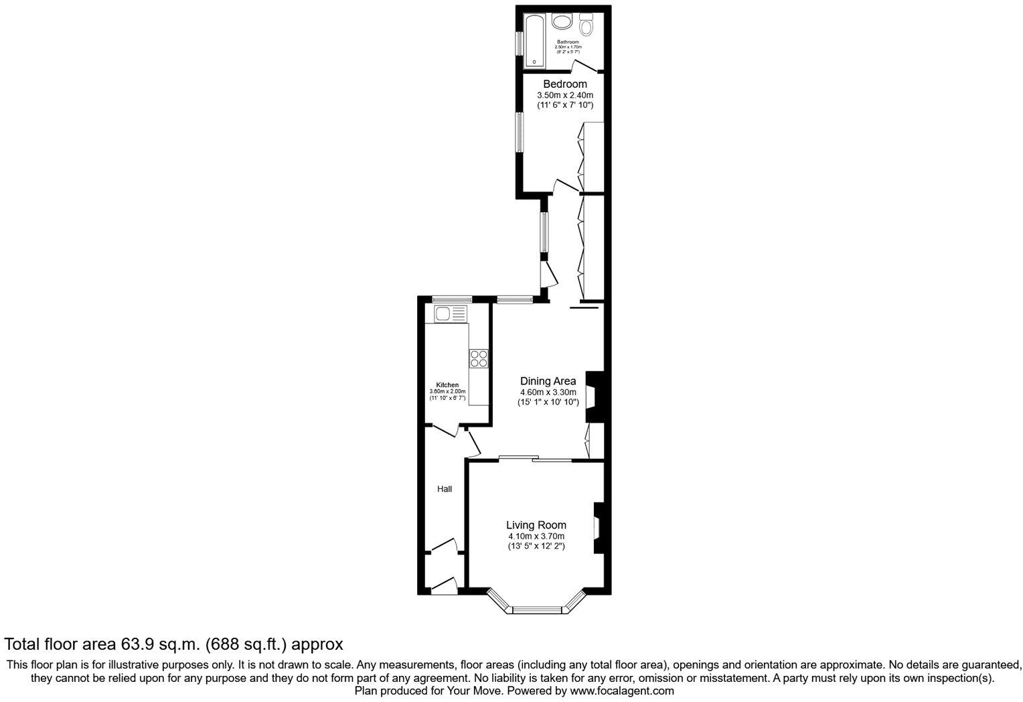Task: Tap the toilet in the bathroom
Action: tap(587, 25)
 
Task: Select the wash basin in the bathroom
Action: tap(562, 21)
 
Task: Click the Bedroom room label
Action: tap(564, 84)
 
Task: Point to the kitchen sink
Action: tap(451, 313)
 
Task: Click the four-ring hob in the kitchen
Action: tap(479, 358)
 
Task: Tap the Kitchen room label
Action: tap(447, 385)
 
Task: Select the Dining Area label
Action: tap(548, 381)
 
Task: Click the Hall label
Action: tap(445, 489)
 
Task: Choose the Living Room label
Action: tap(536, 525)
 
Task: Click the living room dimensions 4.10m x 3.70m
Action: tap(536, 537)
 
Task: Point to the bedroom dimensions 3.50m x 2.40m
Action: tap(564, 95)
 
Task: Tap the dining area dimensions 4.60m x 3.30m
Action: tap(548, 393)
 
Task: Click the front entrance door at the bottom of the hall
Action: tap(443, 587)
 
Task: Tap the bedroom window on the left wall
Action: tap(519, 132)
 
